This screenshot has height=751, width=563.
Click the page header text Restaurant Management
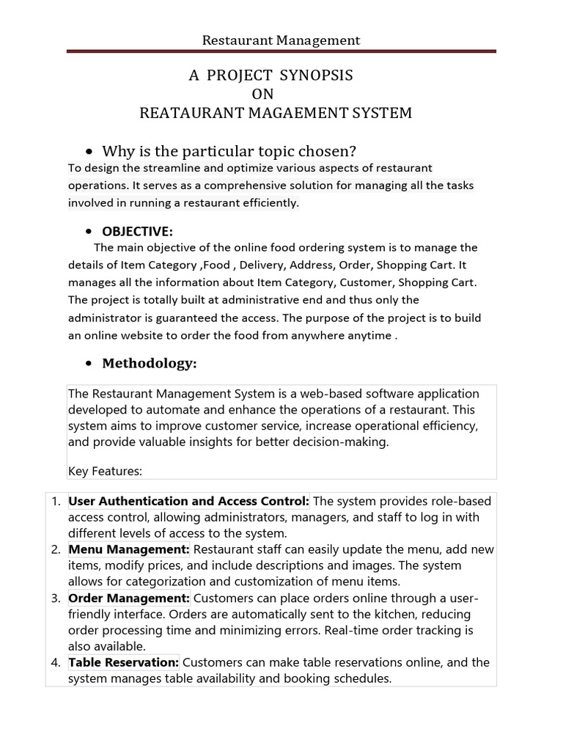pos(281,40)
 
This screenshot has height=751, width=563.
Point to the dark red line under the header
pos(281,51)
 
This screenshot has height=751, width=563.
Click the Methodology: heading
pos(150,363)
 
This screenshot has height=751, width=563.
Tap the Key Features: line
pos(105,471)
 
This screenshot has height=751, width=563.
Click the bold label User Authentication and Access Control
pos(189,502)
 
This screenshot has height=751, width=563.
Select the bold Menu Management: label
pos(129,549)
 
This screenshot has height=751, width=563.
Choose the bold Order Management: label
pos(129,598)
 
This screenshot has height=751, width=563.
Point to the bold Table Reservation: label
pos(124,662)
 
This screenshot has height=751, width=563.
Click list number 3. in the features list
pos(56,598)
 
